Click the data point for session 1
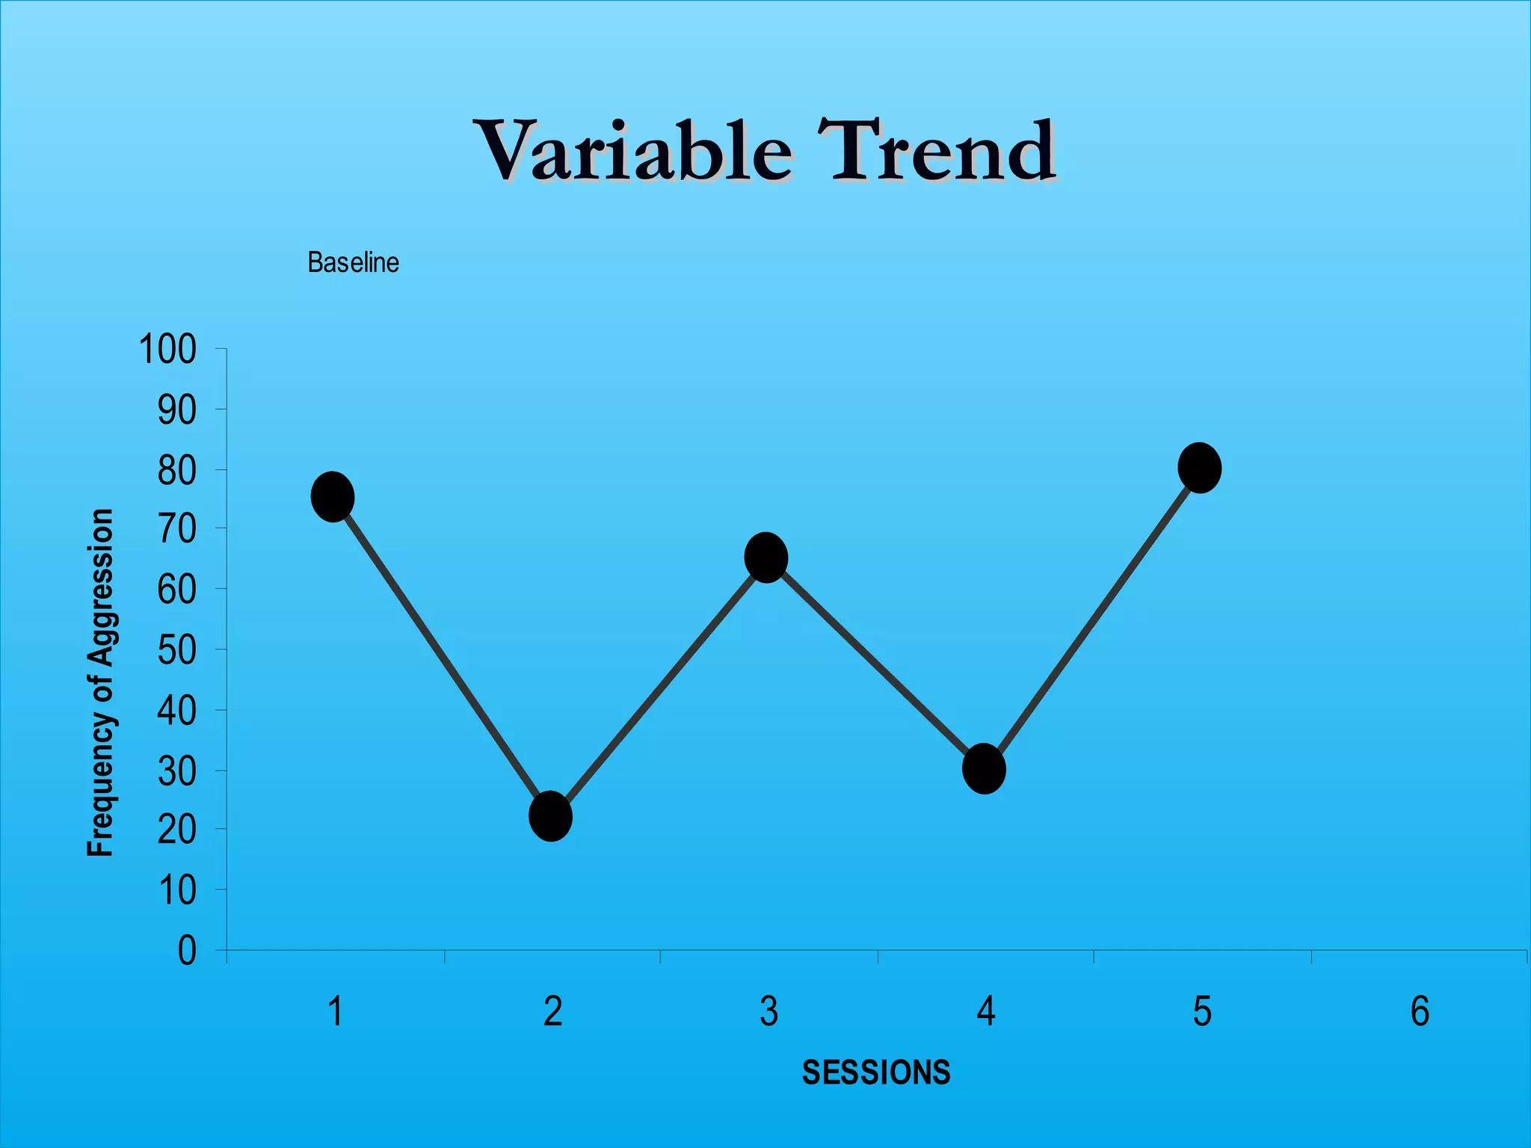[333, 497]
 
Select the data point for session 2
[551, 816]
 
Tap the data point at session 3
[766, 558]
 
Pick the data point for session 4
[984, 768]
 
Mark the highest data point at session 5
[1200, 468]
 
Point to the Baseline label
[353, 263]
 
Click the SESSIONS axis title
[876, 1073]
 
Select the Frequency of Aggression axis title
[100, 682]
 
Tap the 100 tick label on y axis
[167, 350]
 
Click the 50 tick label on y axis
[177, 650]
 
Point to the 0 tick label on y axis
[187, 951]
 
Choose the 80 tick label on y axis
[177, 471]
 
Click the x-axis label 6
[1420, 1012]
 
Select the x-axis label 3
[769, 1012]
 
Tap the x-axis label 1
[336, 1012]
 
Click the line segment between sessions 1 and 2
[442, 656]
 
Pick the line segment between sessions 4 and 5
[1091, 619]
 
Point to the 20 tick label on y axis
[177, 830]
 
